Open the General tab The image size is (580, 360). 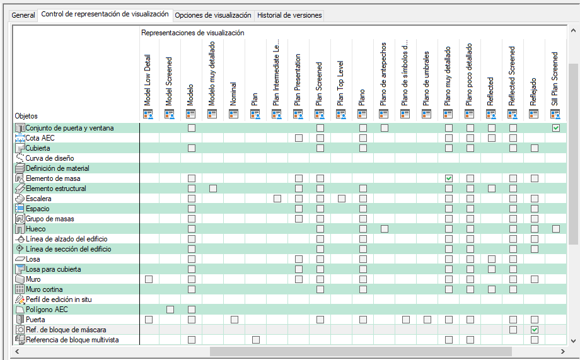(23, 15)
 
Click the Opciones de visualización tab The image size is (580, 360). (213, 15)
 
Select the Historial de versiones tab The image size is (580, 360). (289, 15)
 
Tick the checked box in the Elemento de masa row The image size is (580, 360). (449, 178)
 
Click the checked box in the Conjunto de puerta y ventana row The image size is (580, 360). (556, 128)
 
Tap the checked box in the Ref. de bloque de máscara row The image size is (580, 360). (535, 330)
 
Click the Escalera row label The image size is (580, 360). (38, 199)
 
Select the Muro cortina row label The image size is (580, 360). (43, 289)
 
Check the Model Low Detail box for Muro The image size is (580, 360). (149, 279)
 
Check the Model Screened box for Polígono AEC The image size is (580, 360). (170, 310)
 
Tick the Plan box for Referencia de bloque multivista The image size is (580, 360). (256, 340)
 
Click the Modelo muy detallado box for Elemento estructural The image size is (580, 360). (213, 189)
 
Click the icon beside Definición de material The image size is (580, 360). (19, 168)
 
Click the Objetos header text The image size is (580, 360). (26, 116)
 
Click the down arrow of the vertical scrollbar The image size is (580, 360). (573, 340)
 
